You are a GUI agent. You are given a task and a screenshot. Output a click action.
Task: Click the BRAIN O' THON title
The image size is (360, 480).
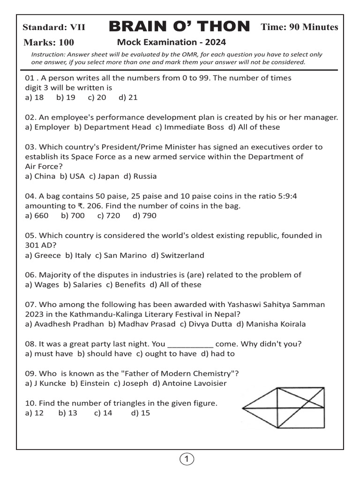click(180, 27)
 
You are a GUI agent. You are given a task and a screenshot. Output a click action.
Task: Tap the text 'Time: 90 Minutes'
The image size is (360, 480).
click(299, 27)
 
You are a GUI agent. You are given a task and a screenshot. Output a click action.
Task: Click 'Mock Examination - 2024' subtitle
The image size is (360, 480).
click(171, 42)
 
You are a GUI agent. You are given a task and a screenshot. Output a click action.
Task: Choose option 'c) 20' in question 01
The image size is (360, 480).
click(97, 97)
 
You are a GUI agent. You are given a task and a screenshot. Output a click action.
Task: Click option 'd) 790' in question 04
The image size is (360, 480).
click(144, 216)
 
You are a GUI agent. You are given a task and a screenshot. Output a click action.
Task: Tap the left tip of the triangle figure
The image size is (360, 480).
click(243, 408)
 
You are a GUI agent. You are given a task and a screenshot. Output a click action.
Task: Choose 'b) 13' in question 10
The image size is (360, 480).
click(67, 413)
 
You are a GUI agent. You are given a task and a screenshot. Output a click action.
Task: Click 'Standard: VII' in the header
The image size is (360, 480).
click(54, 28)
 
